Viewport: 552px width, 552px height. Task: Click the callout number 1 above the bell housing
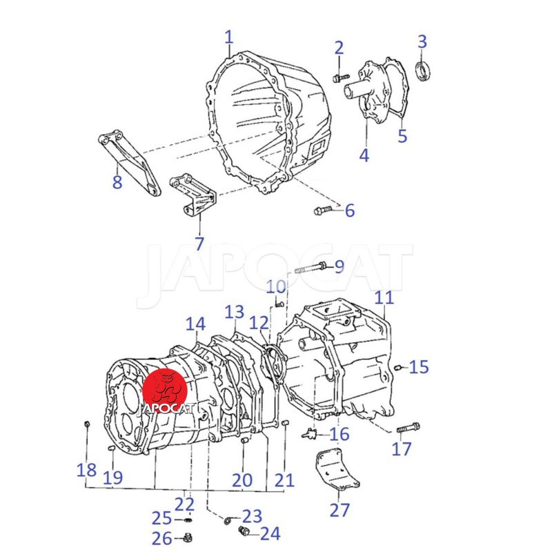[x=229, y=38]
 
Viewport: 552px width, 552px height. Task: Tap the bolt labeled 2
[x=341, y=78]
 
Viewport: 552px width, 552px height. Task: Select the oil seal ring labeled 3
[x=423, y=71]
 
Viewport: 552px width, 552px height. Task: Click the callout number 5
[x=402, y=136]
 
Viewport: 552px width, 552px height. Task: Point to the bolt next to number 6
[x=323, y=210]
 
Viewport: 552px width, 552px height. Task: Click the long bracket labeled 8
[x=129, y=163]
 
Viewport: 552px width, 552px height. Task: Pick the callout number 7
[x=199, y=244]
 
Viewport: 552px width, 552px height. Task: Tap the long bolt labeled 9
[x=310, y=268]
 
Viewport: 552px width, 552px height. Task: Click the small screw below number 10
[x=279, y=304]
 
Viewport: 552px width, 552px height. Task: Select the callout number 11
[x=384, y=298]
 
